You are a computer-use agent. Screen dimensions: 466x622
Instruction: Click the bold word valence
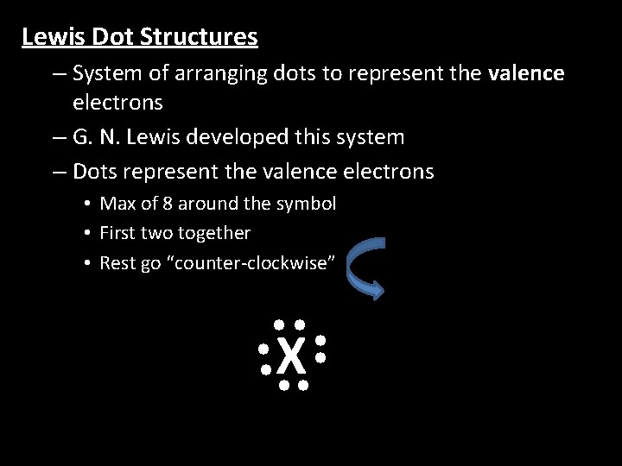[x=525, y=73]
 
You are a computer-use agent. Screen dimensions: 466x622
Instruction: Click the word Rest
[x=118, y=262]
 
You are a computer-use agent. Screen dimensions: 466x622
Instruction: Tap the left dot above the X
[x=280, y=325]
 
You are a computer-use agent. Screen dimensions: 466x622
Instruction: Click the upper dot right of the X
[x=320, y=342]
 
